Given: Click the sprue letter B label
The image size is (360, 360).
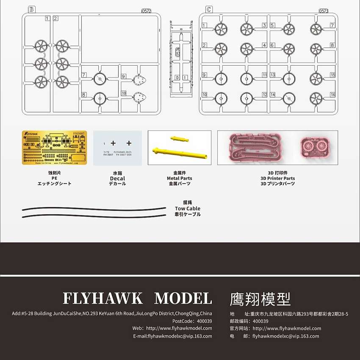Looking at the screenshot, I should [30, 9].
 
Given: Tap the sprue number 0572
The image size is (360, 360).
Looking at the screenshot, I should [146, 11].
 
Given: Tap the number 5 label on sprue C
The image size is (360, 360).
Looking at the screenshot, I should [264, 25].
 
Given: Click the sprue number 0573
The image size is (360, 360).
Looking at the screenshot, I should [324, 11].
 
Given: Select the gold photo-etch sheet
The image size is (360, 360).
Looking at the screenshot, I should [54, 148].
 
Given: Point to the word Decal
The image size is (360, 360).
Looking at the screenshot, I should [117, 178].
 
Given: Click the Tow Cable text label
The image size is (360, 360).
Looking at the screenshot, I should [187, 208].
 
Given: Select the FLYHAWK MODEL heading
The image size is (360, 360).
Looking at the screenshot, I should [137, 298].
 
